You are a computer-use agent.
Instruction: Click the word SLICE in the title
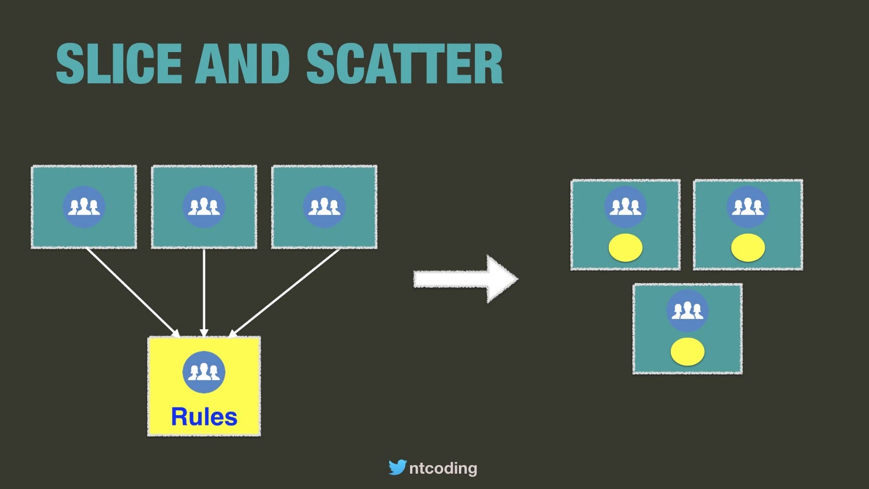119,63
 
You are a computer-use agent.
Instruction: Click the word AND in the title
243,63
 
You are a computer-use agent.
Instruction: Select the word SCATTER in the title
405,63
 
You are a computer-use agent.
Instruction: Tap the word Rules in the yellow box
204,417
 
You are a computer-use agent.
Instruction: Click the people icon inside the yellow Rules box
204,372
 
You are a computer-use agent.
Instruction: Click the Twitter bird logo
398,467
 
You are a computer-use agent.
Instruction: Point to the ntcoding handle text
443,468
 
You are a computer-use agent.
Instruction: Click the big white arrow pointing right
465,279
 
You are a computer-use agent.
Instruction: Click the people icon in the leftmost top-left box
84,207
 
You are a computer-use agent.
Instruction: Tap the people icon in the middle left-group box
204,207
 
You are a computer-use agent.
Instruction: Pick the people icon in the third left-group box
324,207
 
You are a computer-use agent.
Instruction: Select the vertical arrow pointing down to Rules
204,293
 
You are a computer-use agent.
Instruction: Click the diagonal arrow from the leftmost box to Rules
133,293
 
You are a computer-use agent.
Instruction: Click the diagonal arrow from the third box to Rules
284,293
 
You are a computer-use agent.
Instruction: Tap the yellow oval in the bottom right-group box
688,352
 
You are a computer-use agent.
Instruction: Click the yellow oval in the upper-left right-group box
625,248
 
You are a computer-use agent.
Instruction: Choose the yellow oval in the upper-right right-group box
748,248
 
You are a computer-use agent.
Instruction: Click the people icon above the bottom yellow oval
688,311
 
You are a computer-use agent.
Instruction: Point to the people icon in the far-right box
748,207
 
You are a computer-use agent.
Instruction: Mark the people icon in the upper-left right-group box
625,207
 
